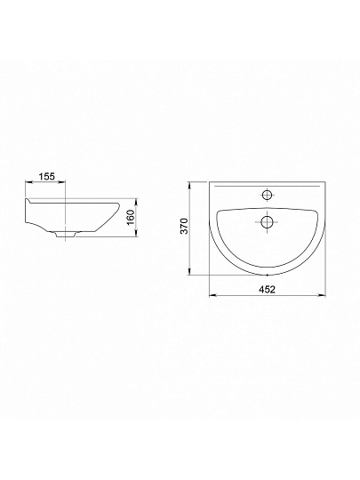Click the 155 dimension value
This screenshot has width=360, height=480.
(x=46, y=176)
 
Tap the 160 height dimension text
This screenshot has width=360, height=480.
(x=131, y=218)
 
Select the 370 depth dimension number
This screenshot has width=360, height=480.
(x=184, y=226)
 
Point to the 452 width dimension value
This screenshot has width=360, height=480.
(x=268, y=289)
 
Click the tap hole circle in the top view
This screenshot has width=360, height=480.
(x=268, y=195)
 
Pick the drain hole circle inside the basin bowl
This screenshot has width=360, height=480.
(x=267, y=222)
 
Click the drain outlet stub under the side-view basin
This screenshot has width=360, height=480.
(x=65, y=235)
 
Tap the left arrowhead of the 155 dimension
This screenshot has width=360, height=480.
(x=28, y=182)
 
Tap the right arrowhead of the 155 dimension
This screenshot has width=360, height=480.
(x=61, y=182)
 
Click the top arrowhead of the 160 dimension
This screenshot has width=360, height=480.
(x=137, y=202)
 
